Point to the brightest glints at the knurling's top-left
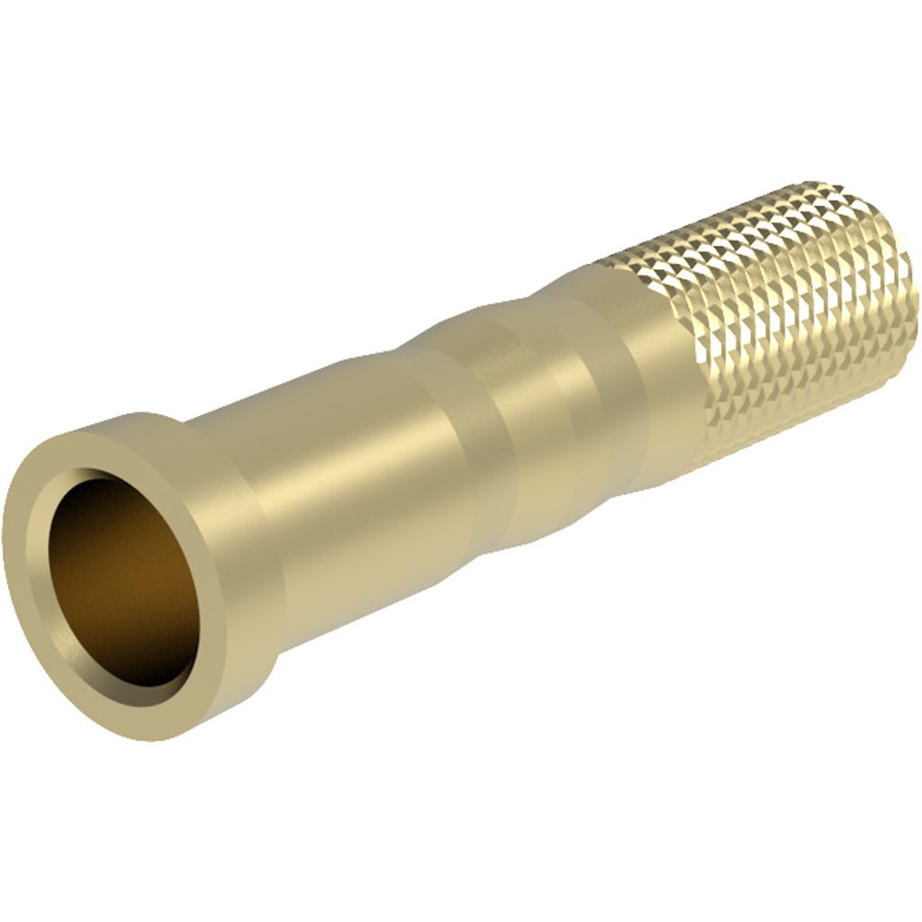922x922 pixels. (630, 261)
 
